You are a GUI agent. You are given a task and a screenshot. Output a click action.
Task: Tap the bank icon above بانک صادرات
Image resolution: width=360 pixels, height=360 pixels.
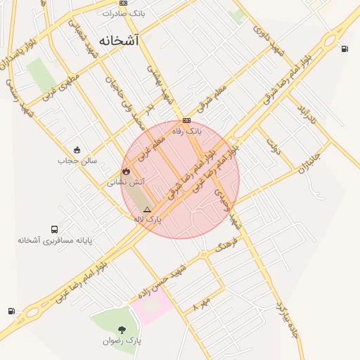[x=124, y=3]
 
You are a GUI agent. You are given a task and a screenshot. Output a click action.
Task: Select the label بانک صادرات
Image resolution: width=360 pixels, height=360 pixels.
[x=124, y=13]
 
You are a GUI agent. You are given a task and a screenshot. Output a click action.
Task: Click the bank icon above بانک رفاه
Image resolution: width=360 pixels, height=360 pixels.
[x=186, y=121]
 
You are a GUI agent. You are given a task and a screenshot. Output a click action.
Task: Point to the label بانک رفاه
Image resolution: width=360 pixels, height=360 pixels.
[x=187, y=131]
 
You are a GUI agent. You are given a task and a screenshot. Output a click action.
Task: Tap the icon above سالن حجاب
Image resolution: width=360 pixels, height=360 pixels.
[x=77, y=150]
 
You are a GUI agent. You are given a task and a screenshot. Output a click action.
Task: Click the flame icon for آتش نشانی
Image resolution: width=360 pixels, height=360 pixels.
[x=126, y=171]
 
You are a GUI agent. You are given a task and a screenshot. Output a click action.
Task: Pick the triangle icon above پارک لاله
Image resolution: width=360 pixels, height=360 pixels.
[x=147, y=210]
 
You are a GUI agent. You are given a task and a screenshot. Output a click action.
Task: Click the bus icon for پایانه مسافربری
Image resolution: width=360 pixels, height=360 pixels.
[x=54, y=229]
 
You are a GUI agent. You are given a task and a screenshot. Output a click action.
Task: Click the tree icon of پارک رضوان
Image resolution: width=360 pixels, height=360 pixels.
[x=122, y=329]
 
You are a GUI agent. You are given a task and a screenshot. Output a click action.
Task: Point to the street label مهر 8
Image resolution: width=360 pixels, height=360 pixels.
[x=202, y=304]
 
